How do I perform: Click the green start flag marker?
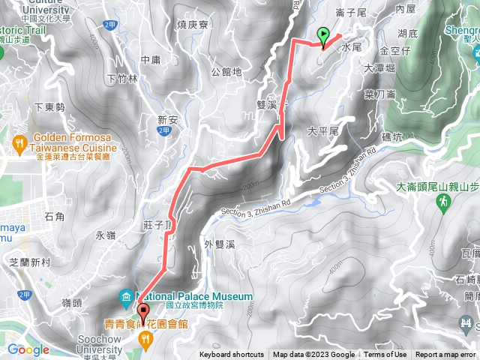[x=323, y=35]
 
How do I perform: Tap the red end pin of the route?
[x=142, y=309]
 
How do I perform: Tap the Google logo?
[x=28, y=349]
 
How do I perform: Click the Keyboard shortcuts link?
[x=232, y=355]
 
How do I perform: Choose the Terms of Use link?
[x=385, y=355]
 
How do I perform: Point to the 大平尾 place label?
[x=324, y=130]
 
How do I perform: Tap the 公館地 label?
[x=226, y=73]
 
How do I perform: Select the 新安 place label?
[x=166, y=119]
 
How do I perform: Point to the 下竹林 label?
[x=122, y=78]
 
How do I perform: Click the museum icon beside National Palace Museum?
[x=124, y=297]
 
